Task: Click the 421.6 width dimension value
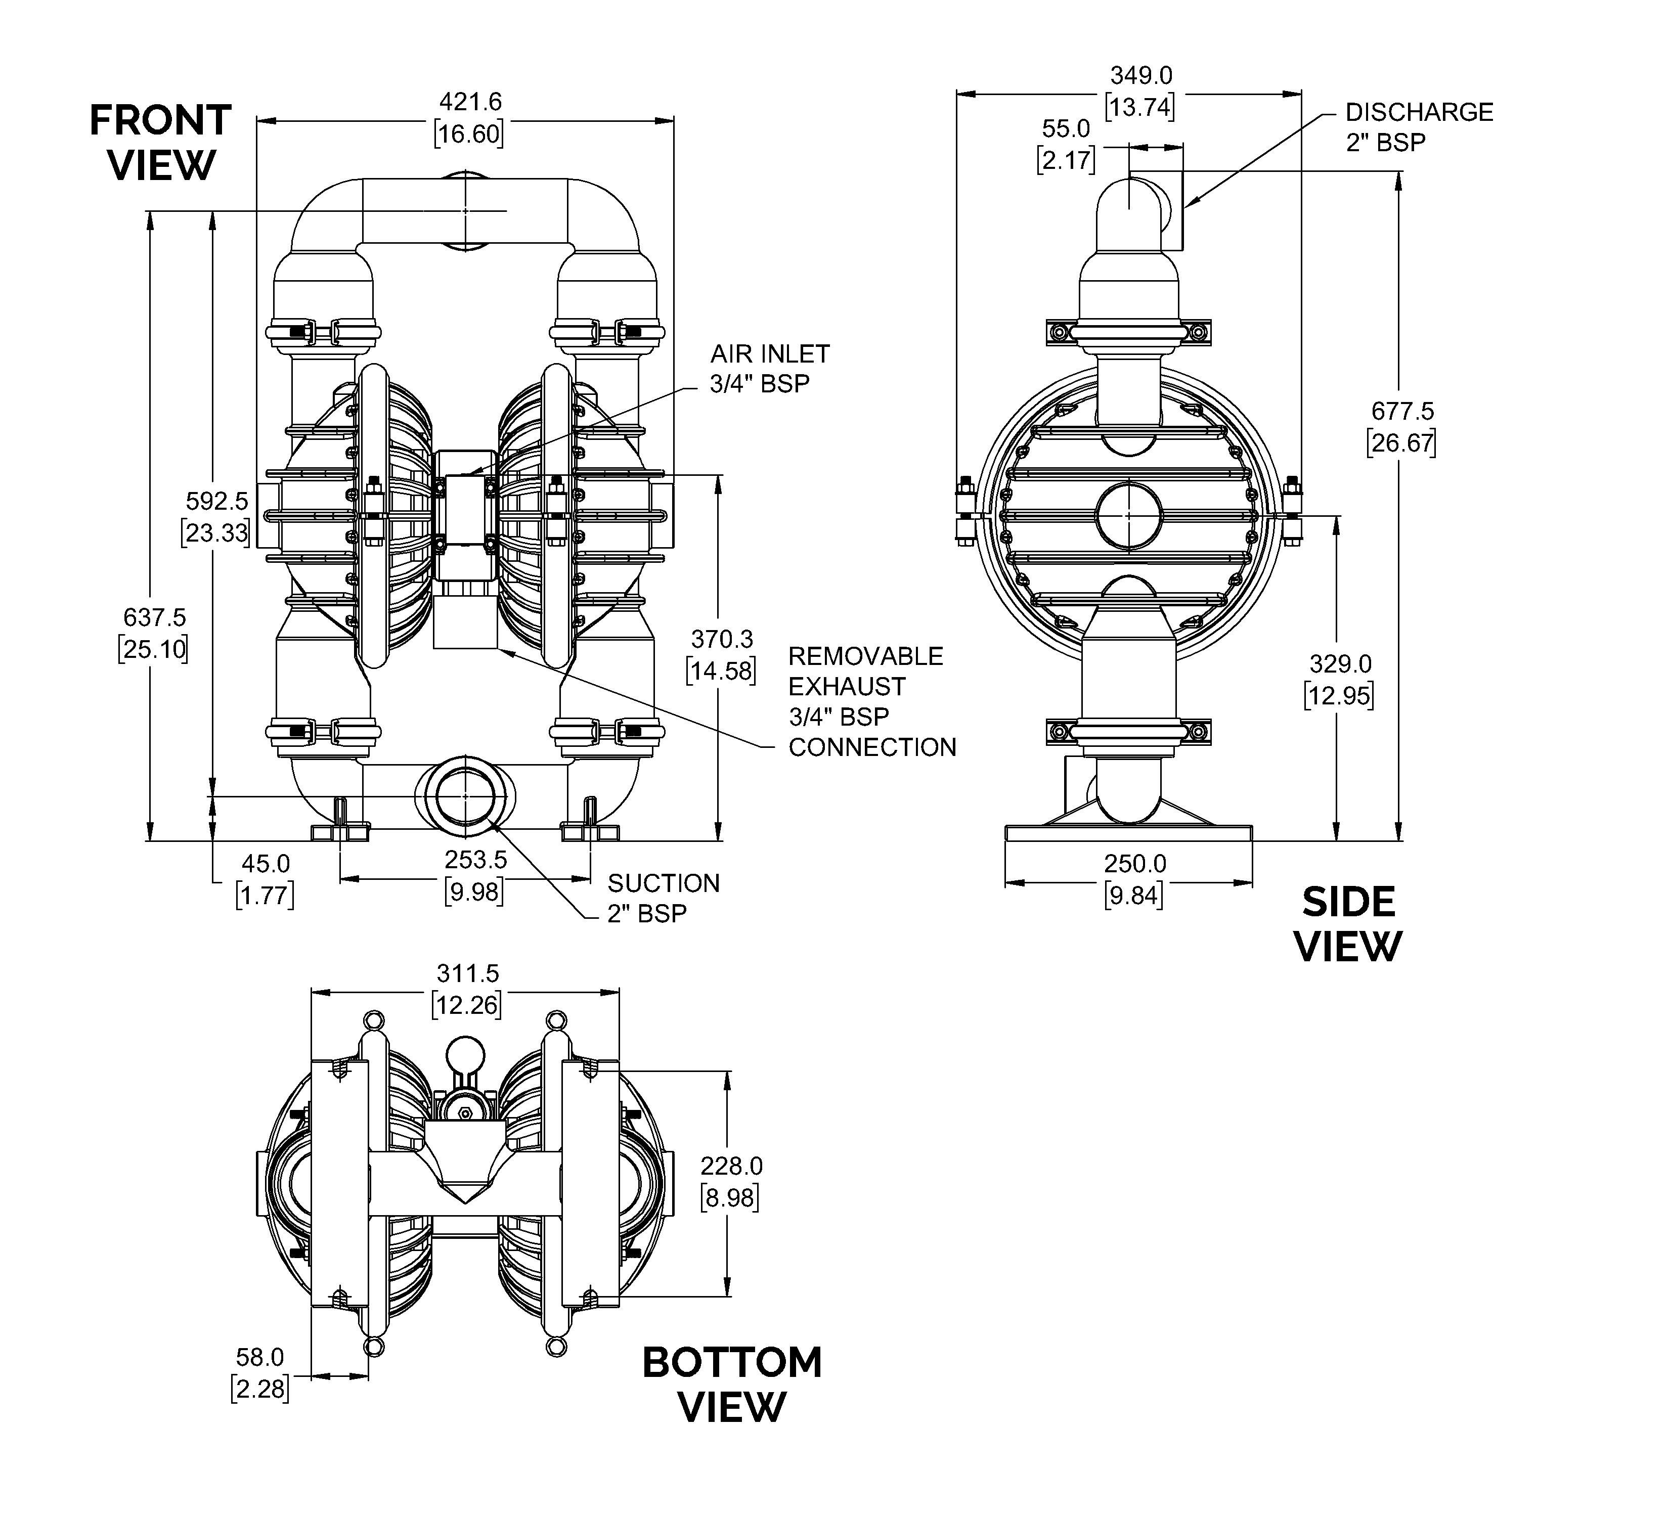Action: [470, 117]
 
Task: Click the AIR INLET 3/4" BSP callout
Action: [769, 368]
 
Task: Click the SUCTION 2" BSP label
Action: [663, 898]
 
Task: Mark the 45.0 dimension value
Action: [265, 879]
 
